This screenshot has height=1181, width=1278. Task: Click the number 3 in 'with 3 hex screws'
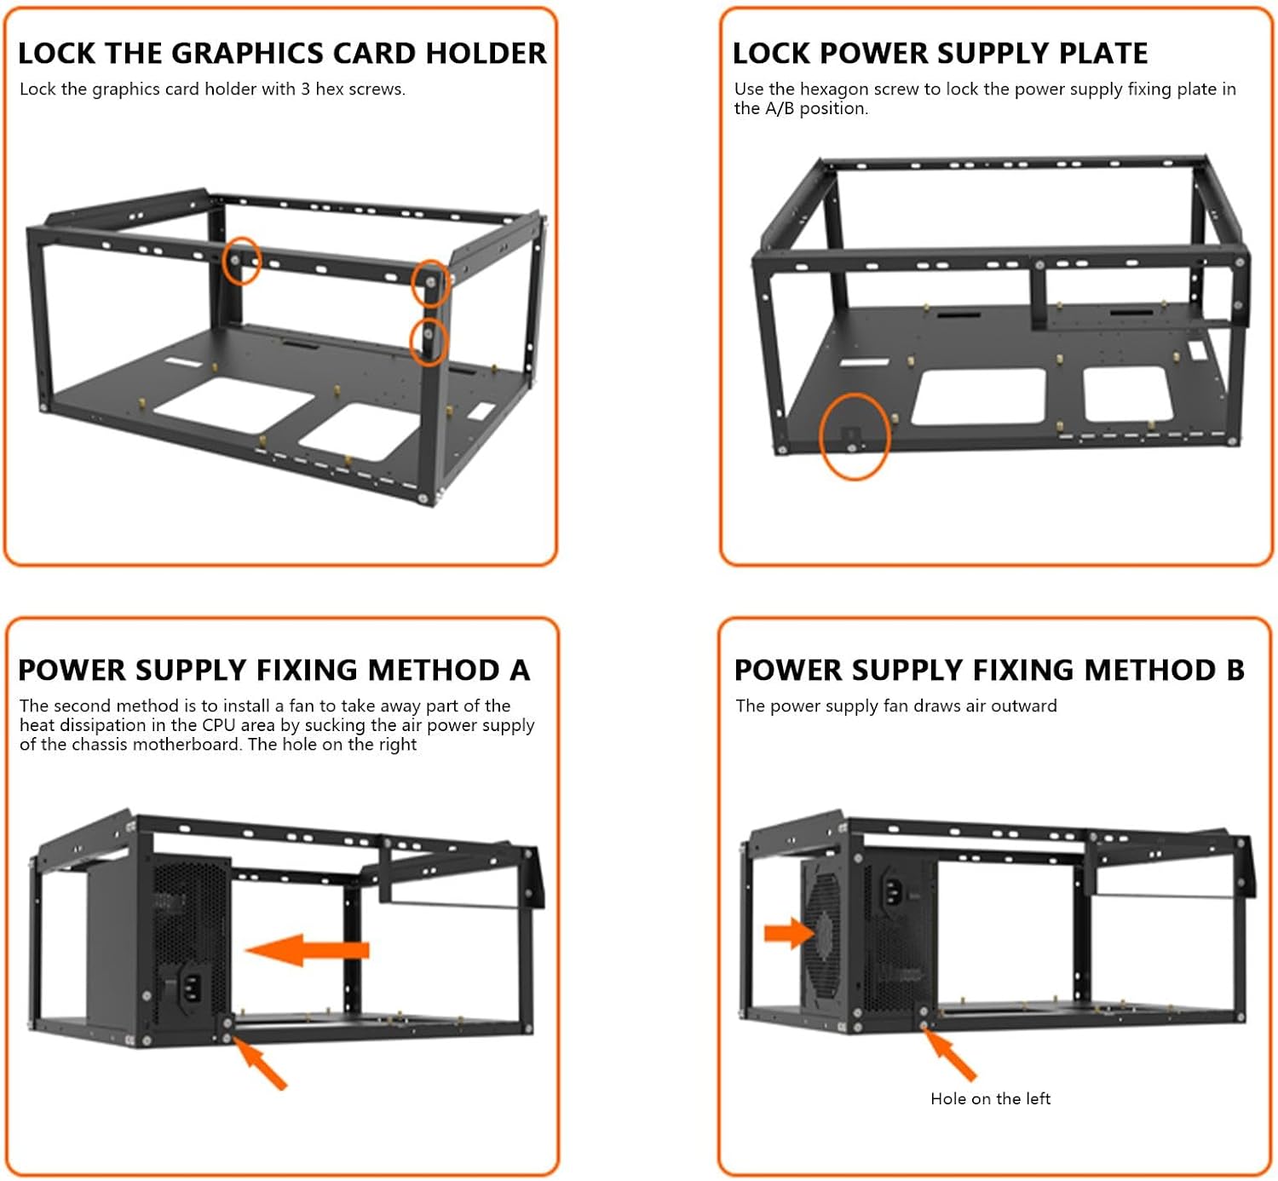pos(305,89)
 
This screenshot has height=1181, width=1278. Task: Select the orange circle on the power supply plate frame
pos(854,436)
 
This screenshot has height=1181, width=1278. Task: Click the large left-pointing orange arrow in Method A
pos(307,949)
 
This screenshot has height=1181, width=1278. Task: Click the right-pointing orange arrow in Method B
pos(789,932)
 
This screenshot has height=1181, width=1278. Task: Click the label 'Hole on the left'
pos(990,1099)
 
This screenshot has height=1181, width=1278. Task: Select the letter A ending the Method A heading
pos(520,671)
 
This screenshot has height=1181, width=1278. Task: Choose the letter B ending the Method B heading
pos(1235,671)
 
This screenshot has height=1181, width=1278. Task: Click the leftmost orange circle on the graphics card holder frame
pos(241,261)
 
